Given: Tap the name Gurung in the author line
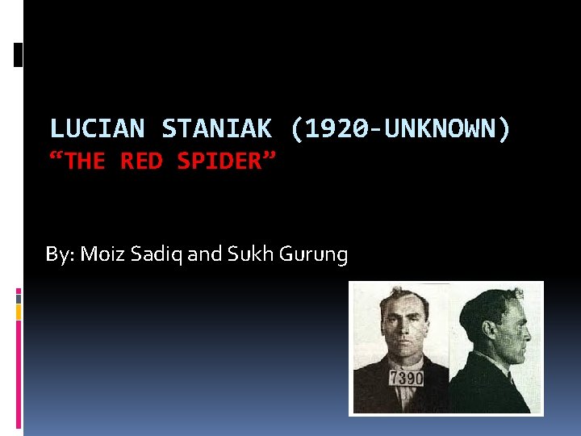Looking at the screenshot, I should click(x=313, y=255).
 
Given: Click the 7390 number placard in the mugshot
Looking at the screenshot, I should click(x=405, y=379).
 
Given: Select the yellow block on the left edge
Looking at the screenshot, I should click(x=19, y=310).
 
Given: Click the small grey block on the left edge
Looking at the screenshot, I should click(x=19, y=298).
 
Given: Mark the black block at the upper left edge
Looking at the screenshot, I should click(x=19, y=54).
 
